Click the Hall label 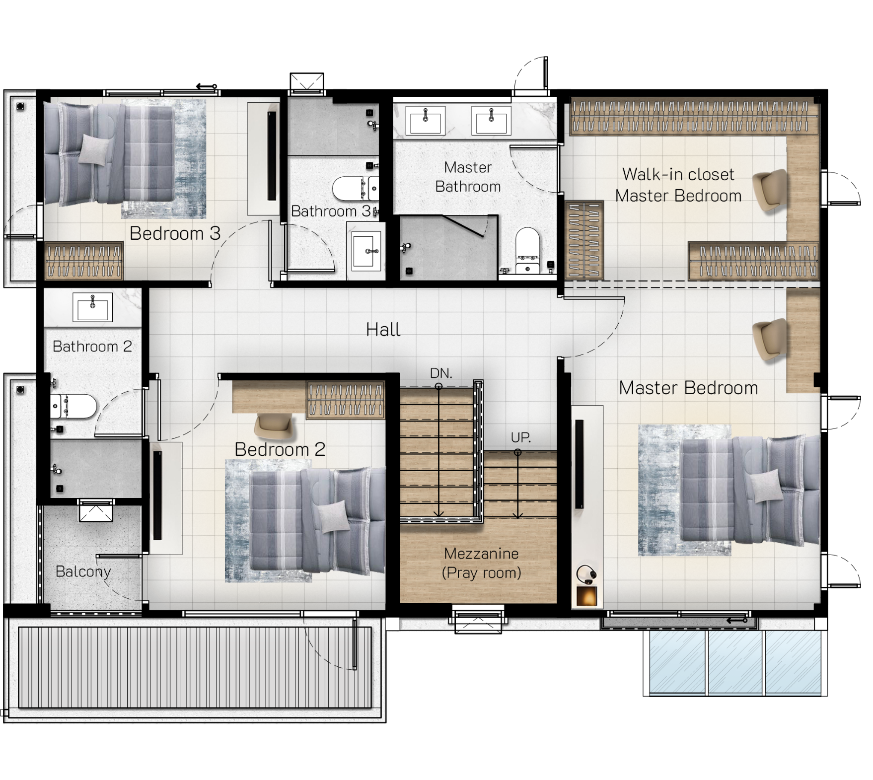[383, 330]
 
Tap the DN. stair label [441, 373]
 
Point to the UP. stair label [521, 437]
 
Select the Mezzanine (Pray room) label [481, 563]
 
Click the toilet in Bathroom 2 [73, 407]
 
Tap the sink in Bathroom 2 [93, 307]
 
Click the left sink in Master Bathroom [426, 120]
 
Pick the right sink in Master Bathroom [491, 120]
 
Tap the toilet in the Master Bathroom [527, 251]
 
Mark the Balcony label [83, 571]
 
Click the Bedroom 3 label [175, 233]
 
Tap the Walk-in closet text [678, 174]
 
